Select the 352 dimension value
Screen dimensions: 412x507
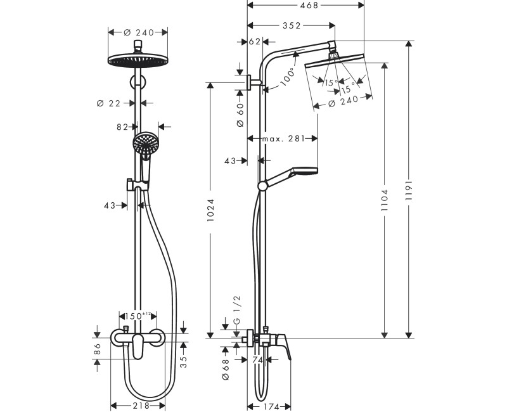tap(290, 25)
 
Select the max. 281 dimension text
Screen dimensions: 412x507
tap(283, 138)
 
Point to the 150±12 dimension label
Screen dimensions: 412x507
tap(138, 315)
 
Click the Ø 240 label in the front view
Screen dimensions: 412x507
tap(138, 32)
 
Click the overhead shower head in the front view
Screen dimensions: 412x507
tap(138, 61)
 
